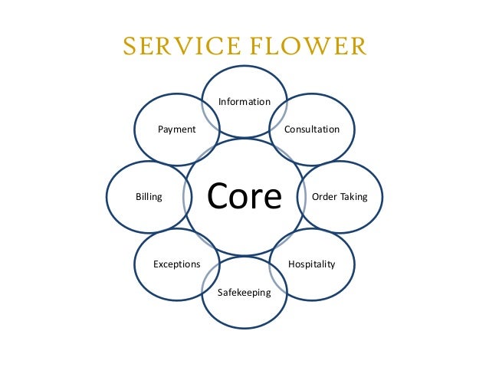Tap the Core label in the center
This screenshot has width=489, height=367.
244,196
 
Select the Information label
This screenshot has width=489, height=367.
244,102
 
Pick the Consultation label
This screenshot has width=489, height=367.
312,129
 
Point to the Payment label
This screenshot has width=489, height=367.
176,129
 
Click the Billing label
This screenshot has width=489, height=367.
149,197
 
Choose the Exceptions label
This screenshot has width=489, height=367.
176,264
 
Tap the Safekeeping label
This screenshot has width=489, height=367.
244,292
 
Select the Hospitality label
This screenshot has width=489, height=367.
311,264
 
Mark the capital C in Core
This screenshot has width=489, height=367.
218,196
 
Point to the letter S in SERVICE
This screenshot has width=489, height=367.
128,48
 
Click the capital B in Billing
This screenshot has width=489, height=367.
138,197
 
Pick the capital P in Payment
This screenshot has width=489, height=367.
160,129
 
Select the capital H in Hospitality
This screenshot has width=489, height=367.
291,264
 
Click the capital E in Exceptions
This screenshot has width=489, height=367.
156,264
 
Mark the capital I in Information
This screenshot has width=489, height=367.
220,102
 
